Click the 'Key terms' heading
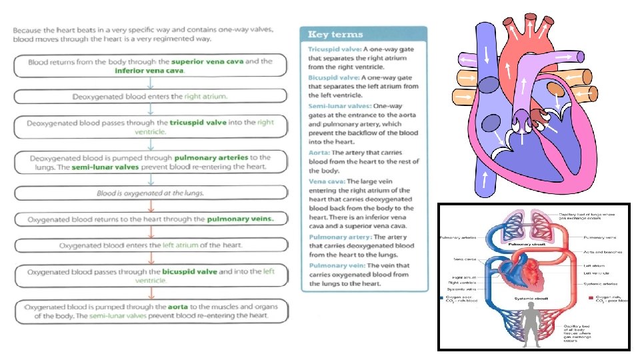pyautogui.click(x=335, y=35)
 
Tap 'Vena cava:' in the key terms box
pyautogui.click(x=327, y=181)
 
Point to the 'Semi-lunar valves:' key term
pyautogui.click(x=339, y=106)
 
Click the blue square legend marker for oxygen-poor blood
pyautogui.click(x=441, y=297)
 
